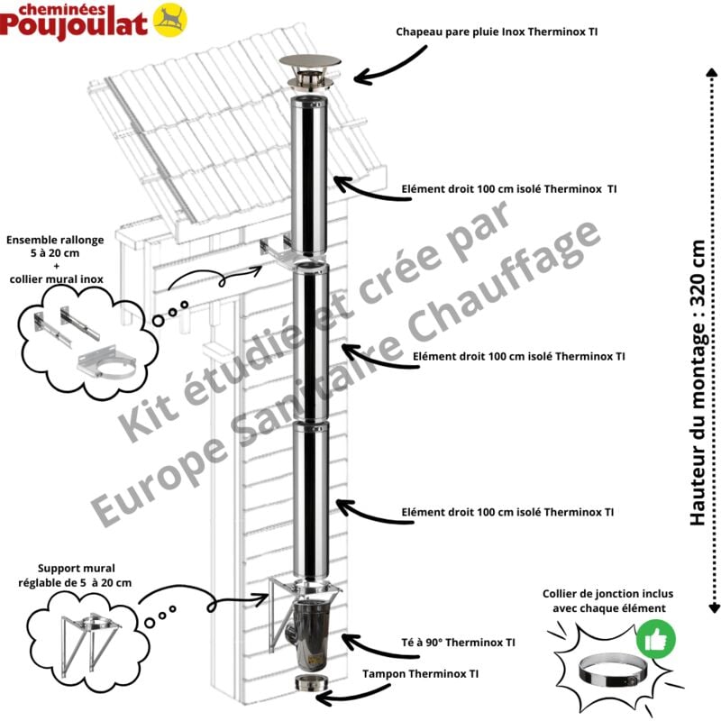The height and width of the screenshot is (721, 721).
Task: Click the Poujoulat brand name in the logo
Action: pyautogui.click(x=74, y=23)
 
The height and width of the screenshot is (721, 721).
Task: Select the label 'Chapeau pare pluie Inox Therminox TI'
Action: pyautogui.click(x=496, y=32)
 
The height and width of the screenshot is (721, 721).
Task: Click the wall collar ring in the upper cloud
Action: pyautogui.click(x=106, y=369)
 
